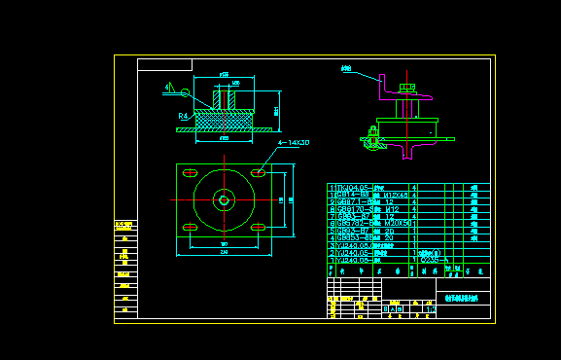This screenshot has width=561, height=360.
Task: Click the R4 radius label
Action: [x=183, y=116]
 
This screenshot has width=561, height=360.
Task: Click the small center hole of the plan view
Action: [x=224, y=201]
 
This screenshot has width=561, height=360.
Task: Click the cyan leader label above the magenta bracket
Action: [x=345, y=69]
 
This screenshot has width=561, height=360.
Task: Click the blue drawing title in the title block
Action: [x=463, y=299]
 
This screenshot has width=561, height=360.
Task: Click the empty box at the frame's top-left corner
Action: [x=164, y=65]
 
